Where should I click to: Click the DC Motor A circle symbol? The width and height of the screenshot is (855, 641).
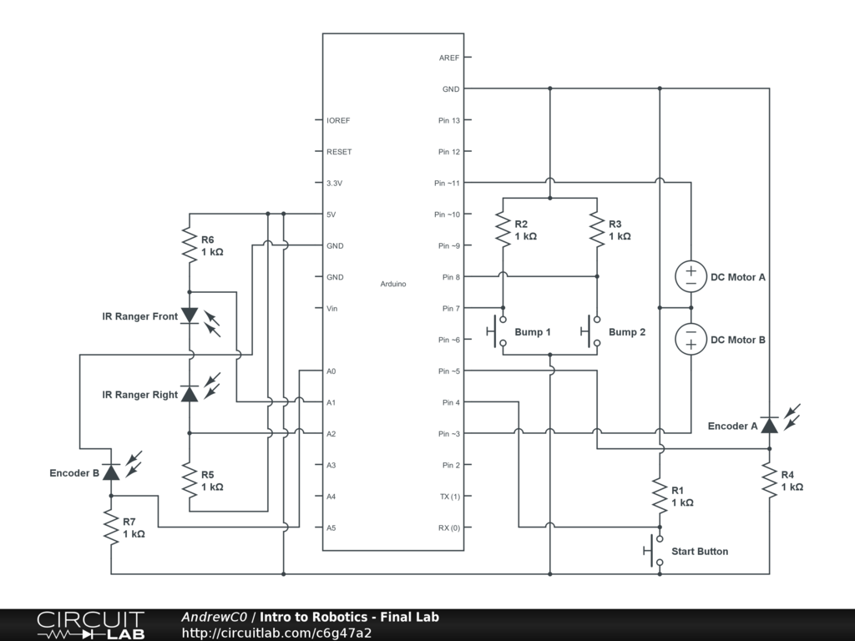coord(691,276)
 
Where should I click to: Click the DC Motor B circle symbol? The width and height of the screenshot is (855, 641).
coord(691,339)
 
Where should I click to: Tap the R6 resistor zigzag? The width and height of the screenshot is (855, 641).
coord(190,245)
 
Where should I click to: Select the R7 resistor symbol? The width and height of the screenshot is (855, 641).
coord(111,527)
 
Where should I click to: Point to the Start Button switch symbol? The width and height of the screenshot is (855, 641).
coord(655,551)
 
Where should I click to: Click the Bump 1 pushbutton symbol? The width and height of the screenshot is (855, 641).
coord(498,331)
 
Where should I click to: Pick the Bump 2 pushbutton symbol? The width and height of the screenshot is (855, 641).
coord(591,331)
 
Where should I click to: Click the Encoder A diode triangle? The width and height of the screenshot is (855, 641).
coord(769,425)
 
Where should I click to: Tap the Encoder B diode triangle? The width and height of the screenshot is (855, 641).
coord(111,472)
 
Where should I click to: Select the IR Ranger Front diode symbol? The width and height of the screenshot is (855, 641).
coord(190,315)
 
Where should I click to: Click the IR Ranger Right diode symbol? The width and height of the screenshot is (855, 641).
coord(190,394)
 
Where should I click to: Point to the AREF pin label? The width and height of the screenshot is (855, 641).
coord(449,58)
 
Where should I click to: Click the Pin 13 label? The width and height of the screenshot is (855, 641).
coord(449,120)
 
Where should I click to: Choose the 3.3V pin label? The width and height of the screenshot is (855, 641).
coord(334,183)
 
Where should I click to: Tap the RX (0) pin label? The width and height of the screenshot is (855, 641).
coord(449,527)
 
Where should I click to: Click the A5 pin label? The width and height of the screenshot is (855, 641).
coord(331,527)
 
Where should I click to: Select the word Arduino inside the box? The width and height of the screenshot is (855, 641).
coord(393,284)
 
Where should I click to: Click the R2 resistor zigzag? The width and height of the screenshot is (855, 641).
coord(503,230)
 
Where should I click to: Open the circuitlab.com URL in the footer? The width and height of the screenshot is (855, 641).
coord(276,633)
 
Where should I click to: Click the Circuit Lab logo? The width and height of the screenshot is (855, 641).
coord(90,625)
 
